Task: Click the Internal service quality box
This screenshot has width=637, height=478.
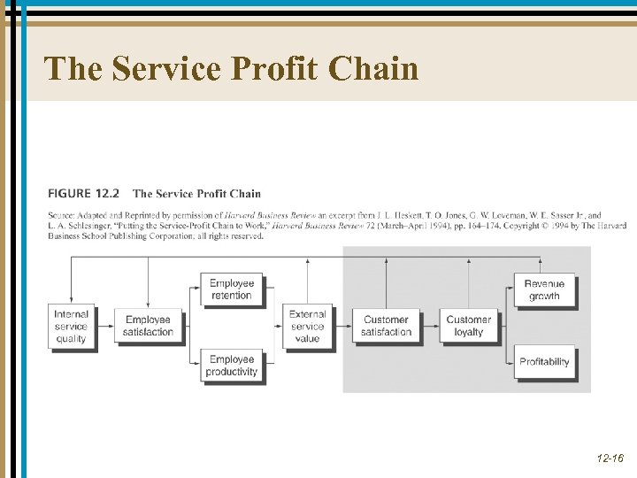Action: click(71, 326)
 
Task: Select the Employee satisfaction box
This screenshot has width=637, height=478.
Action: click(149, 326)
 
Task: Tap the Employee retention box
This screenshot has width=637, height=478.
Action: click(232, 289)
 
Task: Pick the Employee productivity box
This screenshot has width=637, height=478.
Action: click(232, 366)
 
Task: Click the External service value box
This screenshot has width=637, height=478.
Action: click(308, 326)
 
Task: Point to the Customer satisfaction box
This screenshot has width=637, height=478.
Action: click(386, 326)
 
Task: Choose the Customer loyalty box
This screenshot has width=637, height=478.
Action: click(468, 326)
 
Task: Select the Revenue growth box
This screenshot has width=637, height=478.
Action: click(544, 289)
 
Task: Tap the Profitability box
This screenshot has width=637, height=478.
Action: click(544, 361)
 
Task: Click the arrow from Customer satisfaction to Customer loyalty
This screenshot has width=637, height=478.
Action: click(429, 326)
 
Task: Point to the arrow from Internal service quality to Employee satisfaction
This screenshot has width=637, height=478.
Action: click(104, 326)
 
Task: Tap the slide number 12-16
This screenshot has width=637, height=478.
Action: click(610, 459)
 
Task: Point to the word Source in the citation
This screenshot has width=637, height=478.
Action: click(59, 215)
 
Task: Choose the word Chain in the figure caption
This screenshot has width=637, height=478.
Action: click(245, 193)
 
